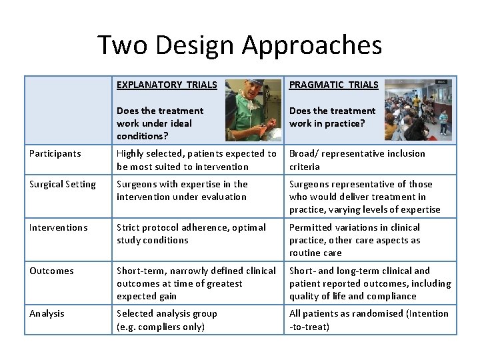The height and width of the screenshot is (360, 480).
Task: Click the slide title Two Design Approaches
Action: (240, 45)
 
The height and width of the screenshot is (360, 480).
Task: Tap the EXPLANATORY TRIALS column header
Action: (167, 85)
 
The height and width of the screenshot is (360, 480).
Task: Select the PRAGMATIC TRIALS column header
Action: (333, 85)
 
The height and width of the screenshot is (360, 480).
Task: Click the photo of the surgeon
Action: (253, 110)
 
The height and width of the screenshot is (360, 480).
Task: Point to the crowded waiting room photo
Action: (418, 110)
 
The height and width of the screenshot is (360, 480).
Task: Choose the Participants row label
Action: (55, 153)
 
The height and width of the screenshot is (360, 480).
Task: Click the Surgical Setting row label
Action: (63, 184)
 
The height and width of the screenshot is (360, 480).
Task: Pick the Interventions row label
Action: (59, 227)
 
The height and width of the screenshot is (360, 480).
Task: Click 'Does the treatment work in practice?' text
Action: (332, 117)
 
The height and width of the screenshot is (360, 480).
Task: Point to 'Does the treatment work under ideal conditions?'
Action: (160, 123)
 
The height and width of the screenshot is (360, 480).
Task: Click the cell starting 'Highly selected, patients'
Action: (196, 160)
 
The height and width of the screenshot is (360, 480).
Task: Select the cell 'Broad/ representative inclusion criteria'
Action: (357, 160)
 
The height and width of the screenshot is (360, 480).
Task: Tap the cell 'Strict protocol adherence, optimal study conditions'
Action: (191, 234)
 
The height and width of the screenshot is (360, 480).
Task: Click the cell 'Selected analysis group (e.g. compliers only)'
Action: (167, 320)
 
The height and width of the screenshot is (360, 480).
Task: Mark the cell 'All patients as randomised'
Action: (369, 320)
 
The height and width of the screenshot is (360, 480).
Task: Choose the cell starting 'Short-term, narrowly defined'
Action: (196, 283)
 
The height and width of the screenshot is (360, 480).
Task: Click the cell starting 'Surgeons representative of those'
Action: (365, 197)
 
